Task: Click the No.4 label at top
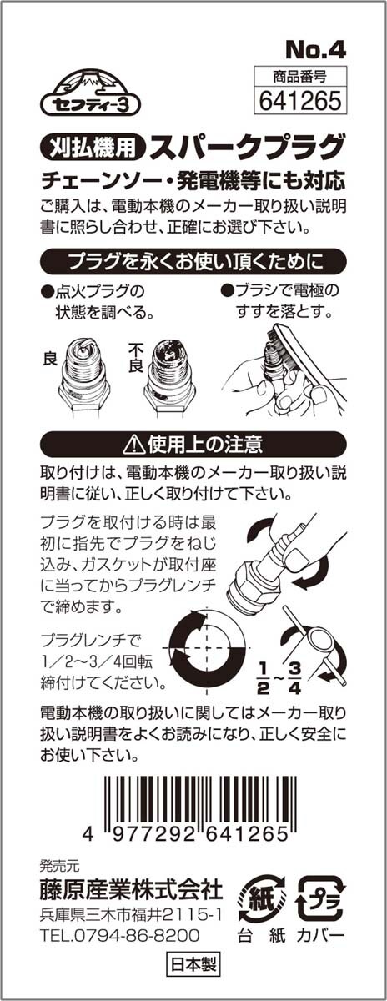(315, 51)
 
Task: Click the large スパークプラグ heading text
(248, 146)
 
